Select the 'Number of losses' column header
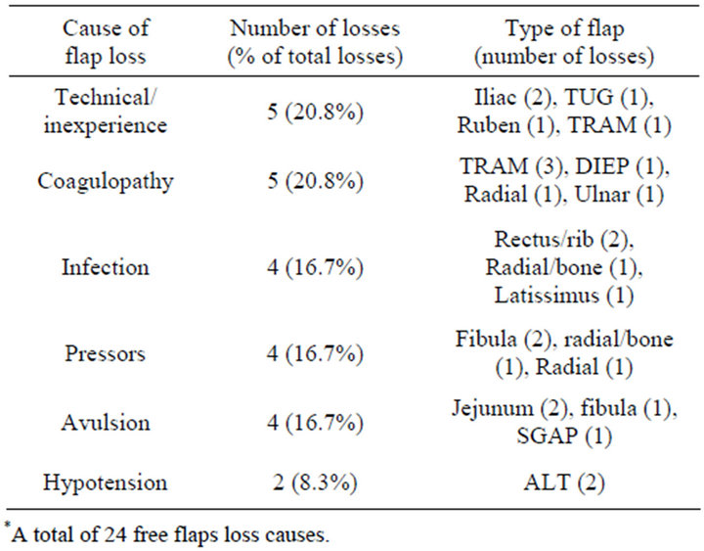click(314, 42)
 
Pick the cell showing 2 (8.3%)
click(314, 482)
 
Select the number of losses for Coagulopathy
click(314, 181)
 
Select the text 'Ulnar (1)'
click(626, 195)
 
